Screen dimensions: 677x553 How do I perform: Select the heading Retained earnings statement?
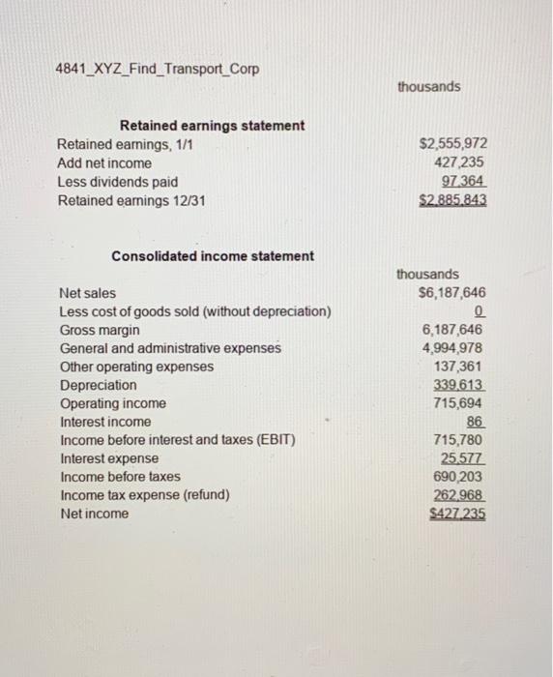point(211,126)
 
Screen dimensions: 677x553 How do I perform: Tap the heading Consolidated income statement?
point(213,256)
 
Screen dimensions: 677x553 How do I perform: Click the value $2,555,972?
point(453,145)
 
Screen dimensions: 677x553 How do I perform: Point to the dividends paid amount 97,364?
point(462,182)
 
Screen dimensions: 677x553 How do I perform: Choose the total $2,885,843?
point(452,201)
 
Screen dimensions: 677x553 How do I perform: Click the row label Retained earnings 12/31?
point(131,200)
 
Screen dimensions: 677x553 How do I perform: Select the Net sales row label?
point(87,293)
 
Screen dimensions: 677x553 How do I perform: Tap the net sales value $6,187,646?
point(452,293)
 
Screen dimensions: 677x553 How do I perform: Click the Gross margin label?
point(98,330)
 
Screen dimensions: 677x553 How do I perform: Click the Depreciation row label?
point(98,385)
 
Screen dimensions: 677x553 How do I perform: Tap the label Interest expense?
point(109,458)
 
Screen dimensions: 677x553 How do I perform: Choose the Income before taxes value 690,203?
point(460,477)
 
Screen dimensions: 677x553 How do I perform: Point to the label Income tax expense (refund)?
point(144,495)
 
